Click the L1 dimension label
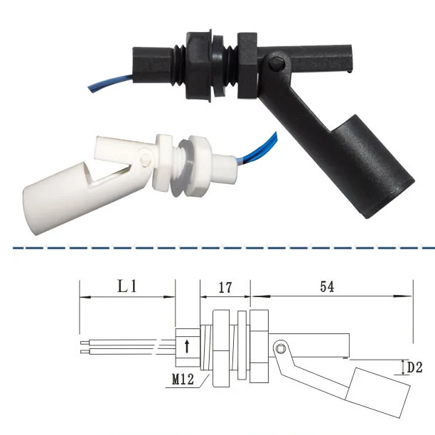[x=127, y=287]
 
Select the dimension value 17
[x=225, y=287]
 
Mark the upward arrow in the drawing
[x=186, y=346]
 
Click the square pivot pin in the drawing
[x=282, y=348]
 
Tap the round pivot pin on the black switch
[x=276, y=66]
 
